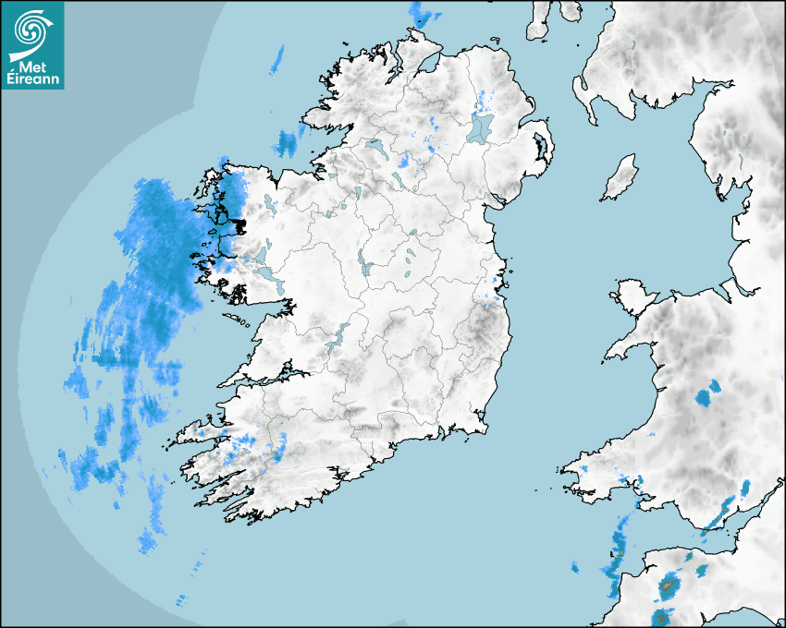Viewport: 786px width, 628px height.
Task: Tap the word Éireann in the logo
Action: click(x=33, y=79)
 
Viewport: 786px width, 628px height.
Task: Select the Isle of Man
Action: click(x=620, y=178)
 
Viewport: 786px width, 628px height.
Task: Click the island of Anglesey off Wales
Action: click(x=632, y=295)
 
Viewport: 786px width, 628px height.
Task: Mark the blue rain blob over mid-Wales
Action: click(x=706, y=398)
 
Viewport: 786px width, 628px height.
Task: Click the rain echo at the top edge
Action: click(x=424, y=13)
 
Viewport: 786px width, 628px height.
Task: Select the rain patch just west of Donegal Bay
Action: click(x=289, y=142)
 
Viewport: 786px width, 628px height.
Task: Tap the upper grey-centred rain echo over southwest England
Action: click(x=669, y=584)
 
